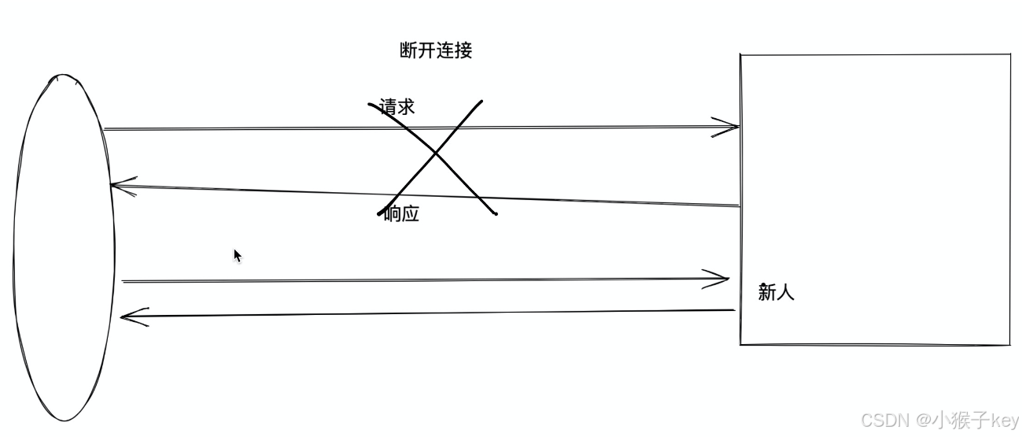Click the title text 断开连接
point(436,51)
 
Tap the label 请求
point(397,107)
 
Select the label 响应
point(401,213)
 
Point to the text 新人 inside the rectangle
point(776,292)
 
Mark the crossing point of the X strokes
point(436,154)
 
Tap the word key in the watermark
point(1002,419)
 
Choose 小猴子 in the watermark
point(959,419)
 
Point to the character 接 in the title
point(463,51)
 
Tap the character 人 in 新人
point(785,292)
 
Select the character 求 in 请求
point(405,107)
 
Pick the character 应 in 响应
point(410,213)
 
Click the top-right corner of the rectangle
point(1009,55)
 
